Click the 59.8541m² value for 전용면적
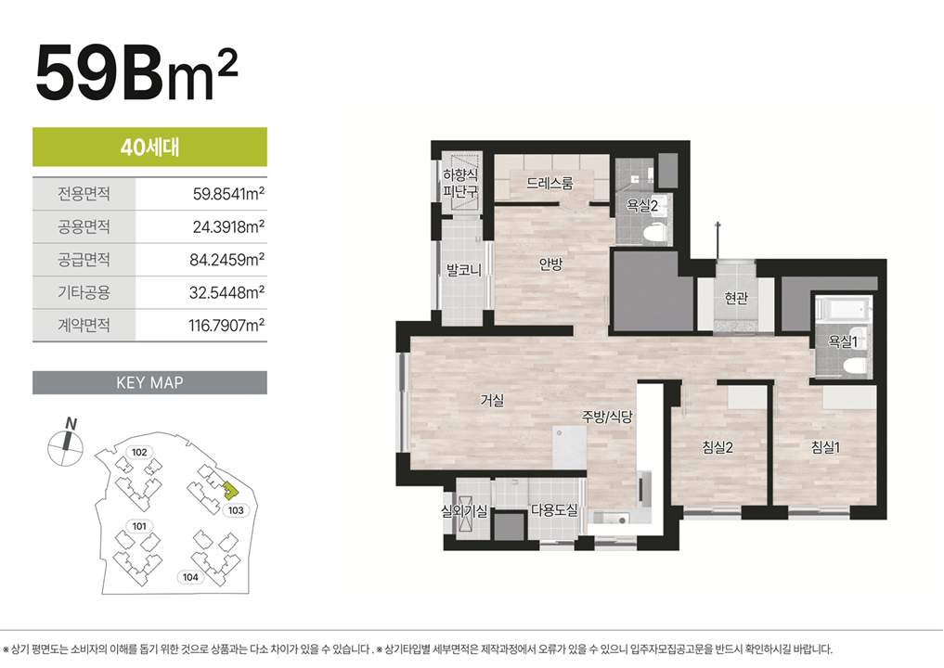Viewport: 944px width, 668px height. (x=228, y=194)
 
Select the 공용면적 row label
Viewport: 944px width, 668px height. (x=84, y=227)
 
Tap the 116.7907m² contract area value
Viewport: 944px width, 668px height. (x=226, y=326)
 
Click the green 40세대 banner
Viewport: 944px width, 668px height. (x=150, y=147)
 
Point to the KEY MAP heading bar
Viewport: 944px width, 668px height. (x=150, y=383)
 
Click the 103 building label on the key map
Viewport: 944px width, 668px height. (x=236, y=510)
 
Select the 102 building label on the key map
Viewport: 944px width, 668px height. (x=139, y=452)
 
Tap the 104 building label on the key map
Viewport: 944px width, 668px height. (x=190, y=577)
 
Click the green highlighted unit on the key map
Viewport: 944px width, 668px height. (x=228, y=491)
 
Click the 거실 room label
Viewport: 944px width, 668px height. (x=493, y=400)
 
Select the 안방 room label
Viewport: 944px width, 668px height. (x=550, y=263)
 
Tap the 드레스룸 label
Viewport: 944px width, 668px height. (x=550, y=183)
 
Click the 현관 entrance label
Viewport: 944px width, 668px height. (x=736, y=298)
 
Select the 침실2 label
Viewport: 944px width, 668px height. (x=718, y=447)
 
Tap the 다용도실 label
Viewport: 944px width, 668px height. (x=554, y=510)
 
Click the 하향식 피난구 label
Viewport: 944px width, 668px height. (x=460, y=184)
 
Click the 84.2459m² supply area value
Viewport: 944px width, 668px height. (x=227, y=260)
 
